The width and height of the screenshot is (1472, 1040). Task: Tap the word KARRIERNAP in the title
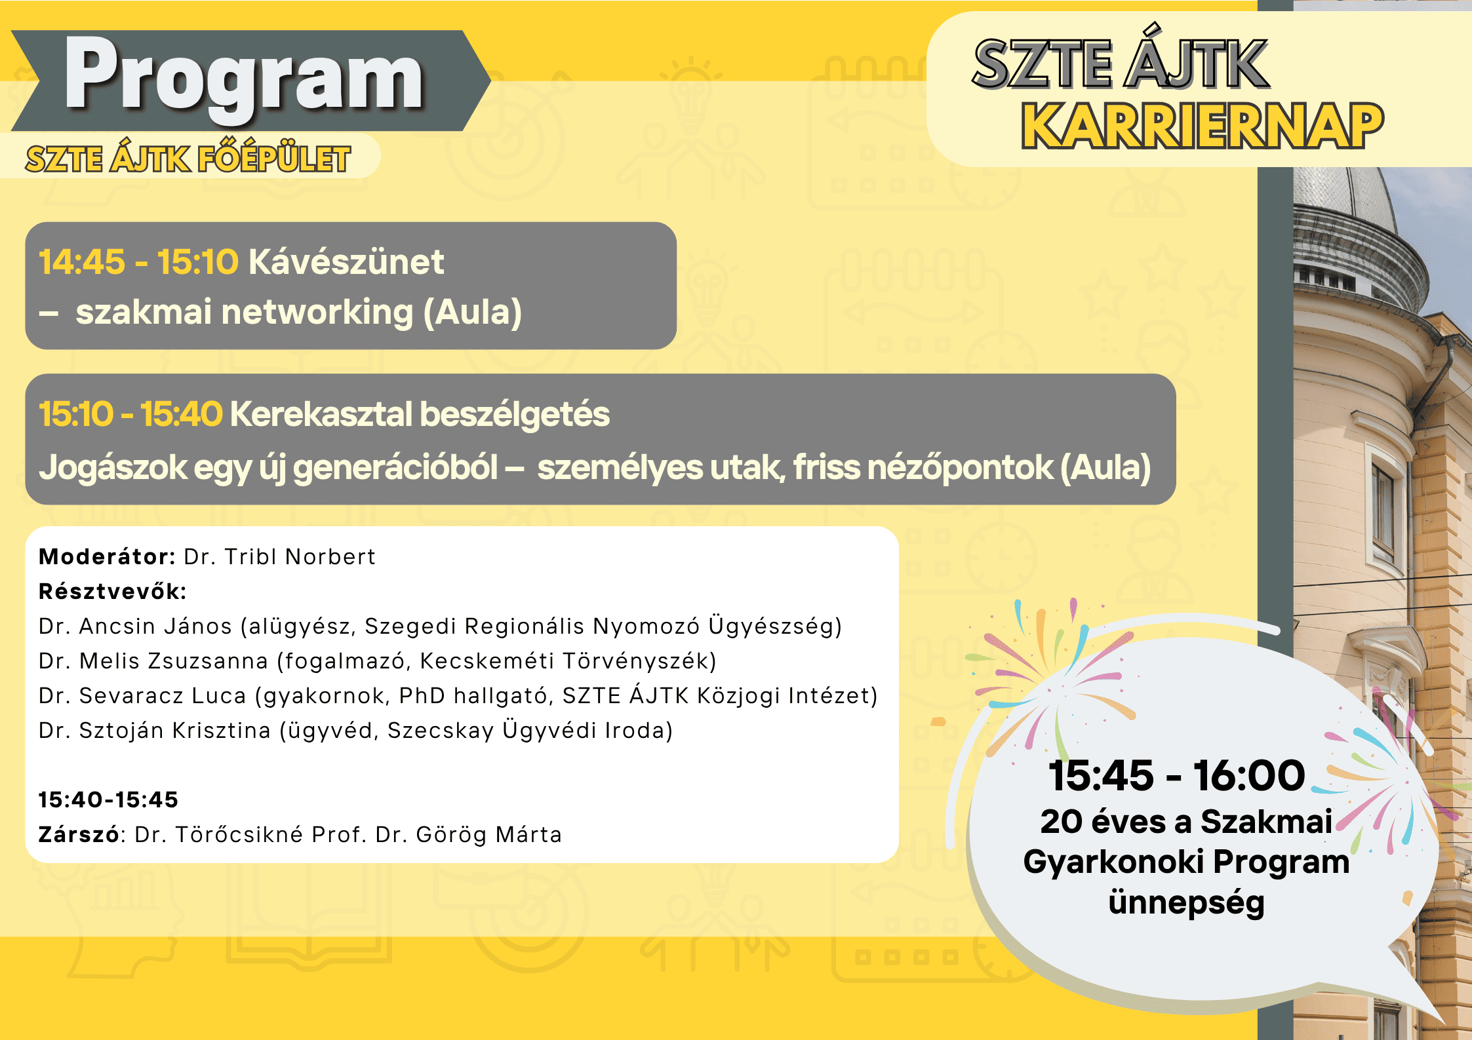(1203, 126)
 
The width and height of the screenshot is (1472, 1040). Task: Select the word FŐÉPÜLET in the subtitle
(274, 159)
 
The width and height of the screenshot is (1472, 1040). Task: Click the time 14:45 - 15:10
(138, 262)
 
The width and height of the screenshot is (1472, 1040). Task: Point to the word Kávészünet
(346, 262)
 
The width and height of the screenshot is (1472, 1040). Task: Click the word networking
(317, 312)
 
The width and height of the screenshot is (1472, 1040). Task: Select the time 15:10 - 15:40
(130, 414)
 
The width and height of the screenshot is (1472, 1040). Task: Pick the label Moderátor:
(107, 557)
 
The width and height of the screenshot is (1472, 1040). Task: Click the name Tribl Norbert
(300, 557)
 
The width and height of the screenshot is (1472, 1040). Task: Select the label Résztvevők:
(113, 591)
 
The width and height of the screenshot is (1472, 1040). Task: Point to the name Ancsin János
(155, 626)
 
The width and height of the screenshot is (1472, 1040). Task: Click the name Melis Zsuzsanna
(174, 661)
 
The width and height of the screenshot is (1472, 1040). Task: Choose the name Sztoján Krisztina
(175, 731)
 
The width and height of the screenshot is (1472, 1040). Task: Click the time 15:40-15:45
(108, 800)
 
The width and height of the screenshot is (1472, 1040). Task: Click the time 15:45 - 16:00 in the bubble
(1176, 776)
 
